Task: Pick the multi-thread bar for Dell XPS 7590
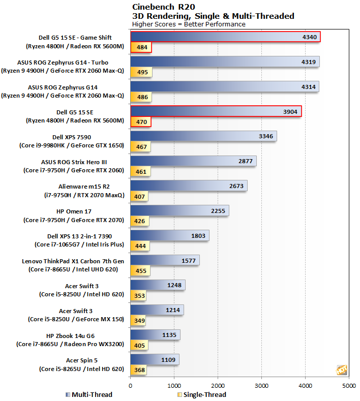(x=203, y=136)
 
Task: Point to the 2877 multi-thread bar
(x=193, y=161)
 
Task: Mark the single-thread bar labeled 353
(x=139, y=296)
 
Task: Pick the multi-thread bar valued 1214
(x=157, y=310)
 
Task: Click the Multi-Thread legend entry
(x=89, y=394)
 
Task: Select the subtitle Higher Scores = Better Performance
(x=188, y=24)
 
